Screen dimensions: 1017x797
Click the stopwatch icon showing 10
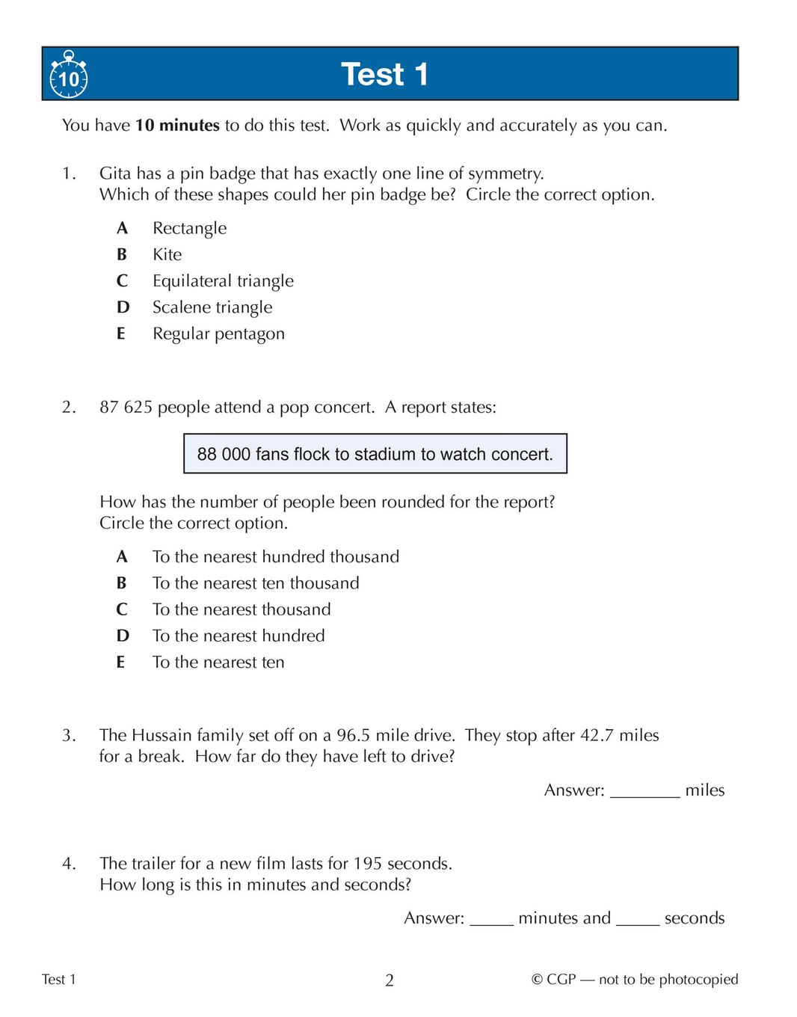coord(69,76)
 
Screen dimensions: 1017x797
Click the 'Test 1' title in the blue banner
coord(384,75)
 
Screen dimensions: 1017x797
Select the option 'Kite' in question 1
coord(167,255)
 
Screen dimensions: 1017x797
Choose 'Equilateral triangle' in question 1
coord(223,281)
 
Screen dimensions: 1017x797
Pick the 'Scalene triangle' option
coord(212,307)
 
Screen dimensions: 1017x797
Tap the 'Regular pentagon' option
coord(218,334)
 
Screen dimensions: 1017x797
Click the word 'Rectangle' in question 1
coord(189,228)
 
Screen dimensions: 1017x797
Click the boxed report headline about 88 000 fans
coord(375,454)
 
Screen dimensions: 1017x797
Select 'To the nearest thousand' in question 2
coord(241,609)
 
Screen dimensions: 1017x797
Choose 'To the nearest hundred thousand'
coord(275,556)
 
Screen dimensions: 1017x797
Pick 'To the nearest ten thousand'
coord(256,583)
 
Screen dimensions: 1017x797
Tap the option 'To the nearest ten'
coord(218,663)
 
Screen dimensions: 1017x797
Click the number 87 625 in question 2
coord(126,408)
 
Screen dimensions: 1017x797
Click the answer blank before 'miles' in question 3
coord(644,791)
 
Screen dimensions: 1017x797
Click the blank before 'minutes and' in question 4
coord(491,919)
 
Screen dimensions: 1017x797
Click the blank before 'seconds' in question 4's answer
coord(637,919)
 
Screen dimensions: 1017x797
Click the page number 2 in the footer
coord(390,980)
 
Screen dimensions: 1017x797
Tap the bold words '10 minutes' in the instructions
coord(177,126)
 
